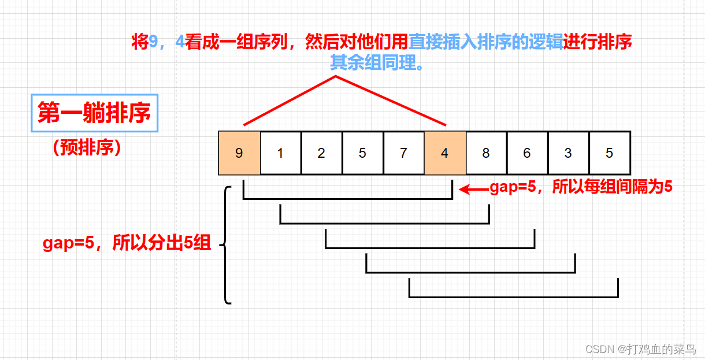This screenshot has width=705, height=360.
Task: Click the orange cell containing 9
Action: pos(239,153)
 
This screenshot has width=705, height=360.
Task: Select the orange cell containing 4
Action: pos(444,153)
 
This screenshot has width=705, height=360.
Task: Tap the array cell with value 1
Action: pos(280,153)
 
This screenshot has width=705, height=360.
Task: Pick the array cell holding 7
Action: pos(403,153)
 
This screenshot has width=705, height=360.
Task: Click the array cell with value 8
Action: pos(486,153)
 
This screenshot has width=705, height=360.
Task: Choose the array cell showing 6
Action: pos(527,153)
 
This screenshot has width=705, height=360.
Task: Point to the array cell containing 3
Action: pos(568,153)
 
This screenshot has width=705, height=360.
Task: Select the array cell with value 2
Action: pos(321,153)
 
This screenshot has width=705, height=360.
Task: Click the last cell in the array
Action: pos(610,153)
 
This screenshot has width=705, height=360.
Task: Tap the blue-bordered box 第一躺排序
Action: pos(94,113)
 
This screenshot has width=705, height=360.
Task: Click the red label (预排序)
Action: pos(86,148)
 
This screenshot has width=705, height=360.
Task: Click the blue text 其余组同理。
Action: pos(377,62)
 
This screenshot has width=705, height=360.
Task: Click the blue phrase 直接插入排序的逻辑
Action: pos(485,42)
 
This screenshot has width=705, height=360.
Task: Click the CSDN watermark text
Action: pos(640,349)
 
